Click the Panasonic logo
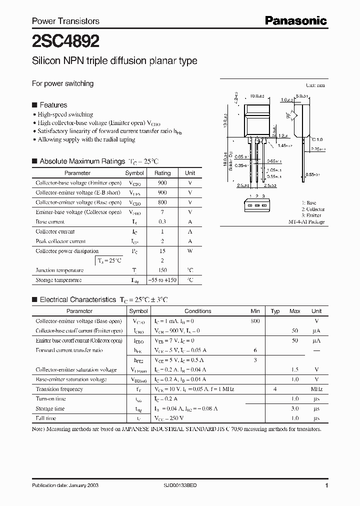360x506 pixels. (x=295, y=20)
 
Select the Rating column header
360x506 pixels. (x=162, y=173)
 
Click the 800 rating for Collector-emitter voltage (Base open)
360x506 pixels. (x=162, y=202)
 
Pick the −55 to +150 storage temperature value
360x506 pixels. (x=162, y=280)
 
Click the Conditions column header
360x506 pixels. (x=198, y=311)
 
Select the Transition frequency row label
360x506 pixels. (x=59, y=389)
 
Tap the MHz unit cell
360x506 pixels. (x=316, y=389)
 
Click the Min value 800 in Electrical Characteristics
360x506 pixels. (x=255, y=321)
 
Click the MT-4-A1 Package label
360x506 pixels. (x=306, y=221)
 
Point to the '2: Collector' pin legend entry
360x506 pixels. (x=312, y=209)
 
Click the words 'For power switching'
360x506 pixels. (x=62, y=83)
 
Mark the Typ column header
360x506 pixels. (x=275, y=311)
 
